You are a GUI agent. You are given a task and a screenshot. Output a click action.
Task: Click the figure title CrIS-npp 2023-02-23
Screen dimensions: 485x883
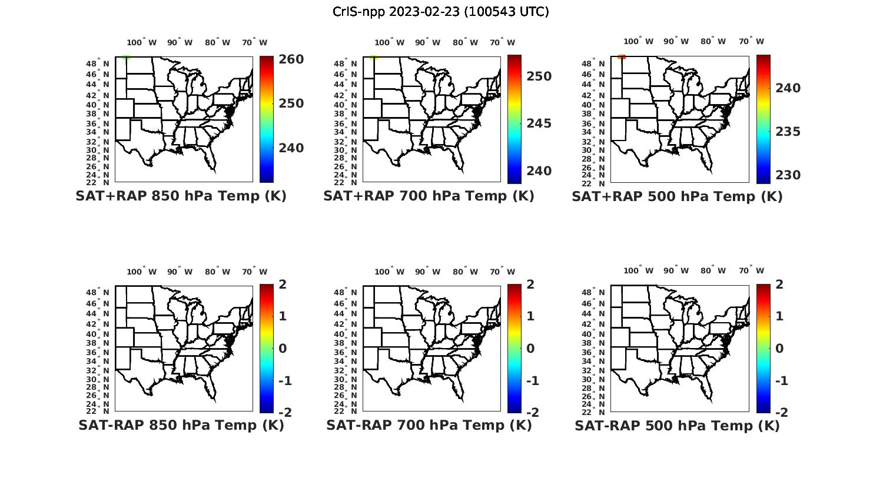pyautogui.click(x=440, y=12)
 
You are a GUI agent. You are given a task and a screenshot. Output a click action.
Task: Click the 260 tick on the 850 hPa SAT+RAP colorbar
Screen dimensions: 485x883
pyautogui.click(x=291, y=59)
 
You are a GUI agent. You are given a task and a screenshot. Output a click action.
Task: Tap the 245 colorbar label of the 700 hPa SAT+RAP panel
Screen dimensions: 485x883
pyautogui.click(x=539, y=123)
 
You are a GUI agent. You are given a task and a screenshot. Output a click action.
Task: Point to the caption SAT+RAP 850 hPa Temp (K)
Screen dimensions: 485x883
pyautogui.click(x=181, y=196)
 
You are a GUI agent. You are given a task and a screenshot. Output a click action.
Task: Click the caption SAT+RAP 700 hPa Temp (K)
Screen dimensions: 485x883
pyautogui.click(x=429, y=196)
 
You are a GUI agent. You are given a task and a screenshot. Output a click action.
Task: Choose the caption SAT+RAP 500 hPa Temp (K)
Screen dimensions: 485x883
pyautogui.click(x=677, y=197)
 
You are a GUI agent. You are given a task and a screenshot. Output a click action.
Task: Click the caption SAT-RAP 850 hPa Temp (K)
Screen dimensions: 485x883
pyautogui.click(x=181, y=426)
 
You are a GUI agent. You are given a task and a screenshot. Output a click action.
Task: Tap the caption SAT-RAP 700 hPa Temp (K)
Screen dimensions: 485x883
pyautogui.click(x=429, y=426)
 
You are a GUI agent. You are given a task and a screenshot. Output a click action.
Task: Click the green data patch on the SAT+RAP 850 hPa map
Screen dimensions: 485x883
pyautogui.click(x=125, y=58)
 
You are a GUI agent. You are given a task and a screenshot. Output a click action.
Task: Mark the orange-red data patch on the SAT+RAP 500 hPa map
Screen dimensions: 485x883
pyautogui.click(x=622, y=57)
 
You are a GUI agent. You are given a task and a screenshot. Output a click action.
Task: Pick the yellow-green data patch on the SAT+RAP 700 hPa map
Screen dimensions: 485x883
pyautogui.click(x=374, y=58)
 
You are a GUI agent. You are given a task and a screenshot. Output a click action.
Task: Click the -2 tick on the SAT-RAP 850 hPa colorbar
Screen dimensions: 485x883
pyautogui.click(x=284, y=413)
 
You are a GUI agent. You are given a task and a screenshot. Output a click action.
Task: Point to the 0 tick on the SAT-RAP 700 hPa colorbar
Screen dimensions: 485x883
pyautogui.click(x=530, y=349)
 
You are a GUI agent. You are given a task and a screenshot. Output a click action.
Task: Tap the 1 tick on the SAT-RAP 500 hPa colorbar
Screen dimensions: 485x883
pyautogui.click(x=779, y=316)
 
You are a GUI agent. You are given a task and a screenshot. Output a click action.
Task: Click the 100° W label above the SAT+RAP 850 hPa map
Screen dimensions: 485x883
pyautogui.click(x=141, y=42)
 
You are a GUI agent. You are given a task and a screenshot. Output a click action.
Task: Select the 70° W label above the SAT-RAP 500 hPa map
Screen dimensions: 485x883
pyautogui.click(x=751, y=271)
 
